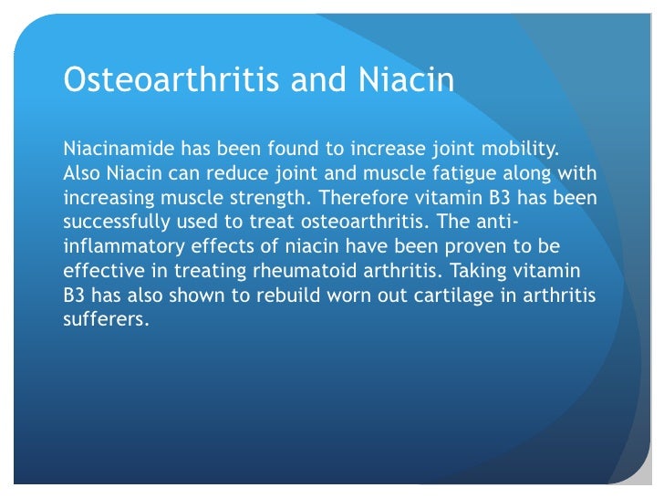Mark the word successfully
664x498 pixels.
click(121, 222)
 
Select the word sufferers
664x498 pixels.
click(104, 320)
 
